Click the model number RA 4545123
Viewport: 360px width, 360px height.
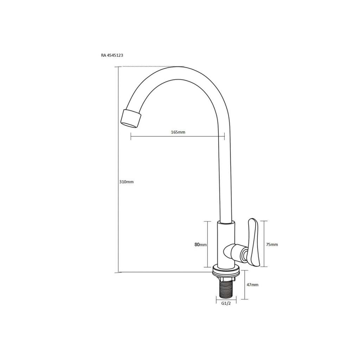tap(112, 55)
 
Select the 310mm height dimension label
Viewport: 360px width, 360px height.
tap(126, 182)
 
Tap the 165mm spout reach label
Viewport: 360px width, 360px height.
tap(178, 132)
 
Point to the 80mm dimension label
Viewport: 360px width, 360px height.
tap(200, 245)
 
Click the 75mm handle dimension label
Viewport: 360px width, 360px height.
tap(272, 245)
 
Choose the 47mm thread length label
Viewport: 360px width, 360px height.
tap(252, 285)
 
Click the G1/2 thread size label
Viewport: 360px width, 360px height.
tap(226, 303)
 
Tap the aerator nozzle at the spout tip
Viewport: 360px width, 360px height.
tap(131, 118)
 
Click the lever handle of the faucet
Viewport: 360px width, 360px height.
tap(253, 243)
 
